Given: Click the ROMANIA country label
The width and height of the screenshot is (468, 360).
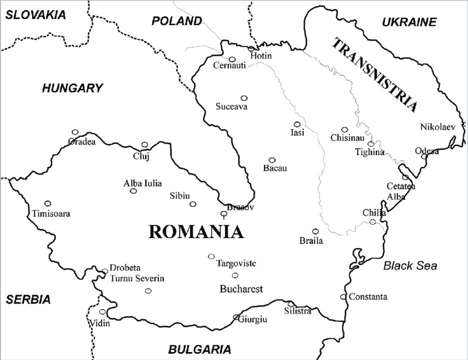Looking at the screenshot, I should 196,232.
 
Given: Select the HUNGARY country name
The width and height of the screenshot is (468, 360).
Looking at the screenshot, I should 72,88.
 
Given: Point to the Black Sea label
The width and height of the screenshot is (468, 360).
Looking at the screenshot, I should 410,265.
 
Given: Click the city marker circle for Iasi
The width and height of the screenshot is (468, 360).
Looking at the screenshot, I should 297,124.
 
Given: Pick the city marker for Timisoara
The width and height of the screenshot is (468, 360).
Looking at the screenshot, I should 48,203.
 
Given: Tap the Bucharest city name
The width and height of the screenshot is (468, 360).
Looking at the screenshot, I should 241,289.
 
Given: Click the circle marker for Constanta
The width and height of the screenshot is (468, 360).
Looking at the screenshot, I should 343,296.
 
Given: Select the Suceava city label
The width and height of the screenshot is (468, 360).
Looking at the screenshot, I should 231,106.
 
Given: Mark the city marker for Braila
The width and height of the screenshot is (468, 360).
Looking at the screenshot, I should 315,231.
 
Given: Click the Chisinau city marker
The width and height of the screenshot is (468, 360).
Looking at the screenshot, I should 344,129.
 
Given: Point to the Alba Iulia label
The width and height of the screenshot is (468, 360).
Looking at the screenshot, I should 142,183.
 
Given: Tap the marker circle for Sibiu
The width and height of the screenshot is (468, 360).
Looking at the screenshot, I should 192,203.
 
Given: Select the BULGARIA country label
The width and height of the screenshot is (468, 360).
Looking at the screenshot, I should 199,349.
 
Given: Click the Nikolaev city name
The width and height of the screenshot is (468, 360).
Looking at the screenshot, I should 437,126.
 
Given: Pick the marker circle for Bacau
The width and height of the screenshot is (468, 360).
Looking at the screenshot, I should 272,160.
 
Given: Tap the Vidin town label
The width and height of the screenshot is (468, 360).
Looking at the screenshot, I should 98,323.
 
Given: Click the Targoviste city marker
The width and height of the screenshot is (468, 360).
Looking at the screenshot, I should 211,256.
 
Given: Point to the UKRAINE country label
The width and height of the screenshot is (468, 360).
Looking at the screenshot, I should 409,22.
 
